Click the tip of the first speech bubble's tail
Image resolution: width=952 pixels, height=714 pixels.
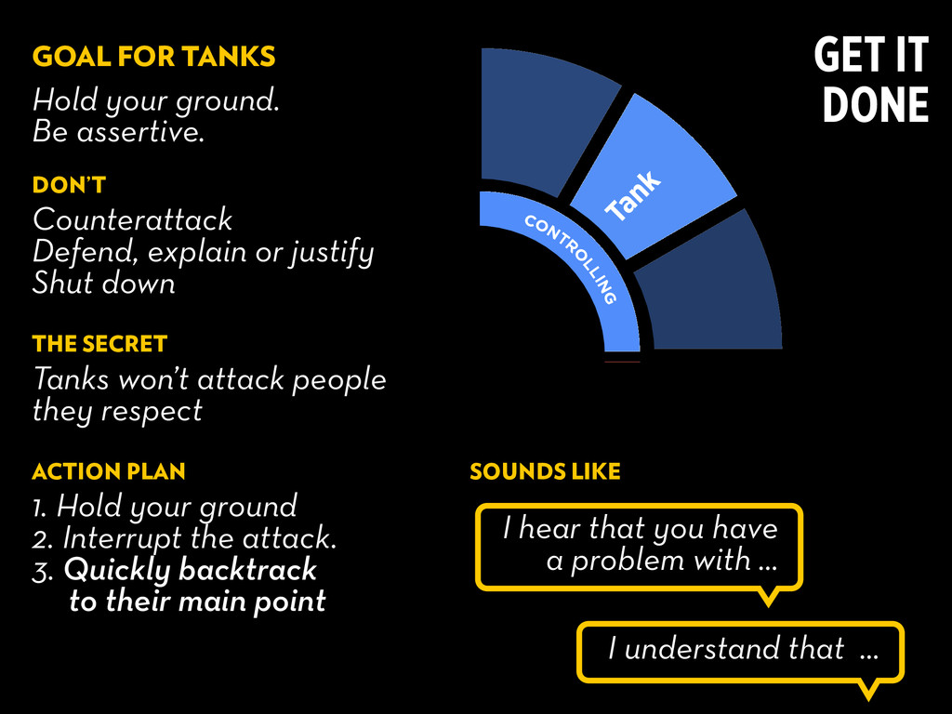pyautogui.click(x=768, y=606)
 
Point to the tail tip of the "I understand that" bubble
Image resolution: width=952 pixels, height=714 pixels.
pyautogui.click(x=869, y=699)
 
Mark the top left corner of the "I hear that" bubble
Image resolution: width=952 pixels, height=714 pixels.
pyautogui.click(x=476, y=504)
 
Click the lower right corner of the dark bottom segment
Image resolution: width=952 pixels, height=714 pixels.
pyautogui.click(x=782, y=349)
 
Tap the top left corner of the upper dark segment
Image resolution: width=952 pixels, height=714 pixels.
pyautogui.click(x=482, y=48)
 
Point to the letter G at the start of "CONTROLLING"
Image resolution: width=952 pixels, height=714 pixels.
pyautogui.click(x=610, y=297)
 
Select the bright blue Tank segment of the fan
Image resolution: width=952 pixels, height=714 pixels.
pyautogui.click(x=654, y=177)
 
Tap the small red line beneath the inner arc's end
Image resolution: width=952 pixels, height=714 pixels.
pyautogui.click(x=622, y=362)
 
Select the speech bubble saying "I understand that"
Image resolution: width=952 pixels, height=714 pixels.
pyautogui.click(x=740, y=653)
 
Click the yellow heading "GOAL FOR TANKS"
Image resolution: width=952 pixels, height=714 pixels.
pyautogui.click(x=153, y=57)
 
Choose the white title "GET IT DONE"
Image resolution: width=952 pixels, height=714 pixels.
pyautogui.click(x=871, y=79)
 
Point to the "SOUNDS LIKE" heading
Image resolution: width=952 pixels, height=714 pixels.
pyautogui.click(x=545, y=471)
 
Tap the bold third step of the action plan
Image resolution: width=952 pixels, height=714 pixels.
pyautogui.click(x=179, y=586)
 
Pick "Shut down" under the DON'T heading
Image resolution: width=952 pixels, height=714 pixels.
pyautogui.click(x=104, y=283)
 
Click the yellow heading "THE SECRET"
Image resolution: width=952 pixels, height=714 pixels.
pyautogui.click(x=99, y=344)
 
